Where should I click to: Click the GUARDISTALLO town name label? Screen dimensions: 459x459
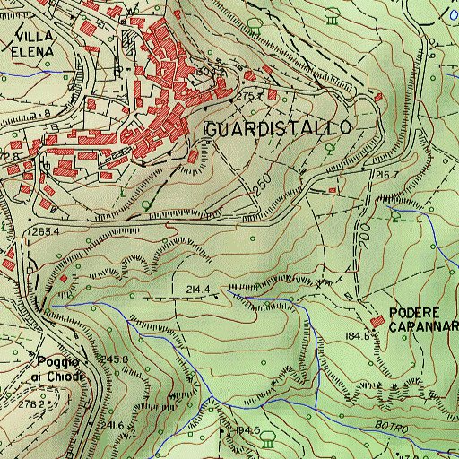(277, 129)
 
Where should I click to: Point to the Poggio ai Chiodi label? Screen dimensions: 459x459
(59, 368)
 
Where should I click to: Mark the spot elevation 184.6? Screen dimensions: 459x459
(355, 335)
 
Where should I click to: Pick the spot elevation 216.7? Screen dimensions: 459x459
(387, 174)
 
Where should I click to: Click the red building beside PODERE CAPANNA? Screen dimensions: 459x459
(376, 322)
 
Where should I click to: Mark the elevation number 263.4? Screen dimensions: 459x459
(44, 232)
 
